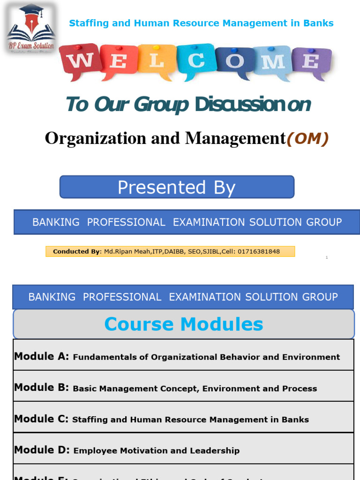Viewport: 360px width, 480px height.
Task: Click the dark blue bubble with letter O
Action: click(x=234, y=61)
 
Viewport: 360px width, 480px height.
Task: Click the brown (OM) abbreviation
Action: click(x=307, y=138)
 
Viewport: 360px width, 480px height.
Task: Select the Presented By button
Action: click(x=177, y=187)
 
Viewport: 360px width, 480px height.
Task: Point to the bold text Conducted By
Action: click(x=76, y=252)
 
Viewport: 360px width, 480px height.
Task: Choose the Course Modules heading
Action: click(x=183, y=324)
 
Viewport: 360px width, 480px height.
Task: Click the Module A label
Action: click(x=42, y=356)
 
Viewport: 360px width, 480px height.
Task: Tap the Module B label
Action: click(x=42, y=388)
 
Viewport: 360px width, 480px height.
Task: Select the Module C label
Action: click(x=41, y=419)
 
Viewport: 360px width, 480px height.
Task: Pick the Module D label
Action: click(x=42, y=450)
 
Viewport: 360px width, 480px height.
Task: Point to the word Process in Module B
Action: click(x=300, y=389)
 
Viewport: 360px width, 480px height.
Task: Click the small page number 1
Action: click(x=327, y=258)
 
